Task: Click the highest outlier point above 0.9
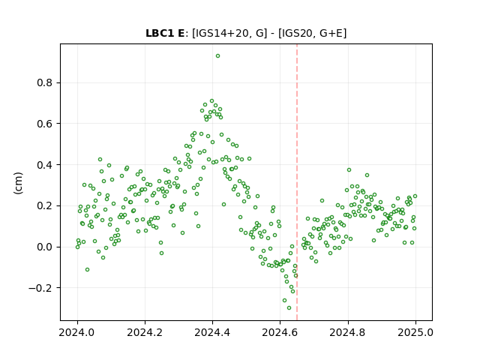click(217, 56)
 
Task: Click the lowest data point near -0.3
click(289, 308)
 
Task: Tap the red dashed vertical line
click(297, 182)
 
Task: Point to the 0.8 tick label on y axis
click(45, 83)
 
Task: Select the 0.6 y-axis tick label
click(45, 124)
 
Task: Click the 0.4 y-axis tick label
click(45, 165)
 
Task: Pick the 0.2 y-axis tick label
click(45, 205)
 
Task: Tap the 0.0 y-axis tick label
click(45, 247)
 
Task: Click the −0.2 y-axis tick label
click(40, 288)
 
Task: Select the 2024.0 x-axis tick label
click(77, 332)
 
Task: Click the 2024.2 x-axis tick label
click(145, 332)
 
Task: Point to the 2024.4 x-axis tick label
click(212, 332)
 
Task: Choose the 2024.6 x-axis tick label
click(280, 332)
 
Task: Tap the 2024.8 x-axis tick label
click(347, 332)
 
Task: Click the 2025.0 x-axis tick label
click(415, 332)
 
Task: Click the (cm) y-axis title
click(18, 183)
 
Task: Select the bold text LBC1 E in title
click(165, 33)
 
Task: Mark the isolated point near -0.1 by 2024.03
click(87, 270)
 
